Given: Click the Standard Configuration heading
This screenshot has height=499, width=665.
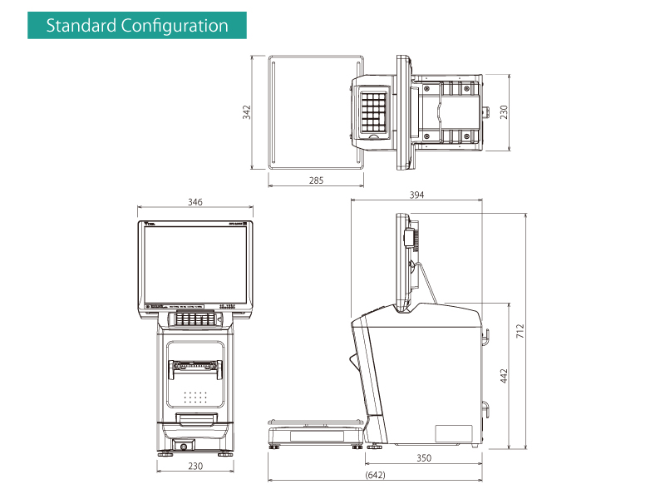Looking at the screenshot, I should [x=137, y=25].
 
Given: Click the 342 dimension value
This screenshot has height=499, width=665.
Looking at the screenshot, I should [x=246, y=112].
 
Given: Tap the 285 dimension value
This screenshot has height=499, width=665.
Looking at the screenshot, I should [x=316, y=180].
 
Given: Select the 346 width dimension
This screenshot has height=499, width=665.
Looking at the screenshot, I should [x=195, y=202].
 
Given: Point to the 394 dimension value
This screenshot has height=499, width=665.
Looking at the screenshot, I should [x=416, y=195].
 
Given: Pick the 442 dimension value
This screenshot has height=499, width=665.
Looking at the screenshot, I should [x=504, y=375].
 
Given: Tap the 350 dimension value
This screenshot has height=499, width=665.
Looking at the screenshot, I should [x=425, y=458].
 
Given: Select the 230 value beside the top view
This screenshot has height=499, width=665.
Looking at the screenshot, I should [x=504, y=112].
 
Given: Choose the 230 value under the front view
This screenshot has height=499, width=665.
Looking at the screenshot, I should [x=195, y=466].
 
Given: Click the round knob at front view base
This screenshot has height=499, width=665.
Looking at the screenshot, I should [x=184, y=447].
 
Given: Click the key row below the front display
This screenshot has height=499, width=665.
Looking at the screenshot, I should [x=195, y=319].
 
